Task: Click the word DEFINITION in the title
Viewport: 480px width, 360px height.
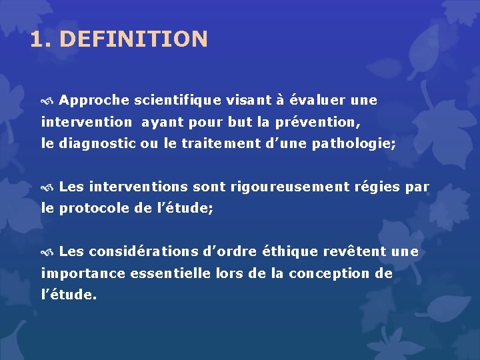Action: (133, 39)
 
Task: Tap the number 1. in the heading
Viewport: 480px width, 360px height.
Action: (41, 39)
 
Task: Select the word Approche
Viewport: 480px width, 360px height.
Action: (94, 101)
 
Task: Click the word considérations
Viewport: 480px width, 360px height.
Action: (144, 252)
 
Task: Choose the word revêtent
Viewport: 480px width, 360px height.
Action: (355, 252)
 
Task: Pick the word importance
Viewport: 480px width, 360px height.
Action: (82, 273)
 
